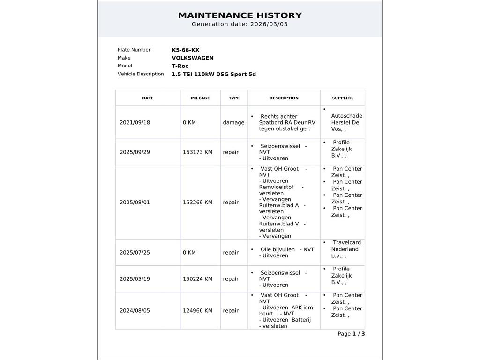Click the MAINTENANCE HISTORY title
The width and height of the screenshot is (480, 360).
click(x=240, y=15)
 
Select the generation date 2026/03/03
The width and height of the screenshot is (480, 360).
click(x=269, y=24)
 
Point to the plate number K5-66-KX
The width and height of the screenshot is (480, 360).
click(x=186, y=50)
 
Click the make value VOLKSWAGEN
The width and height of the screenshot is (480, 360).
click(x=193, y=58)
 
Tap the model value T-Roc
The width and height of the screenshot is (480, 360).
click(x=180, y=66)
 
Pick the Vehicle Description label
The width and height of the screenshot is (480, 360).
click(x=141, y=74)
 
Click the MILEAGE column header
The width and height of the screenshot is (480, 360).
click(x=200, y=98)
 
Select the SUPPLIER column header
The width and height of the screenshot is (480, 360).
click(x=342, y=98)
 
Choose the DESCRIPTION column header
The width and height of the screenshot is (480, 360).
click(x=284, y=98)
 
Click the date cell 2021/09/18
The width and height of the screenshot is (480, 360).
click(x=135, y=123)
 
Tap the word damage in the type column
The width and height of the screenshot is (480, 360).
click(x=233, y=123)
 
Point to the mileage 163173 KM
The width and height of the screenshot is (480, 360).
click(x=197, y=152)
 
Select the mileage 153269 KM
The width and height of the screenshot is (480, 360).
click(x=197, y=202)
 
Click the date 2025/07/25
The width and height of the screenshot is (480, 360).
click(x=135, y=253)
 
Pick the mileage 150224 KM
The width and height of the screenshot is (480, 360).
click(x=197, y=279)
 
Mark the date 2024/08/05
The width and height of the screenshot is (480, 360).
click(x=135, y=311)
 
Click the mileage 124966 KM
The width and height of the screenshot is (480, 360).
click(x=197, y=311)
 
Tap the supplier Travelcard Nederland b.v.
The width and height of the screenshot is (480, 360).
click(x=345, y=249)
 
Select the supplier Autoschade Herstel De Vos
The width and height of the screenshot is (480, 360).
click(x=346, y=122)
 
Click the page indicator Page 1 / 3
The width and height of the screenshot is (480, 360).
click(x=351, y=334)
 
